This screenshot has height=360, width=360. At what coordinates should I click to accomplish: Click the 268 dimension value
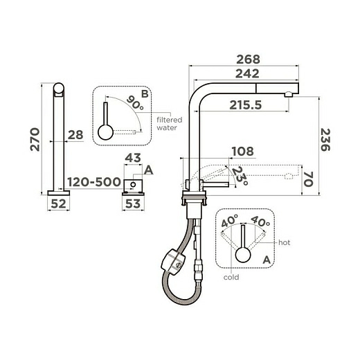coord(248,60)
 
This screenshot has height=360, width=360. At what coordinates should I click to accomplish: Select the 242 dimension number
coord(247,73)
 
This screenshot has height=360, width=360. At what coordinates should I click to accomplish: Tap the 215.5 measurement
coord(246,105)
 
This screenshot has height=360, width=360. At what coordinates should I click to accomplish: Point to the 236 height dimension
coord(325,140)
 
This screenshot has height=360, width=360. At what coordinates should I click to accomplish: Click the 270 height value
coord(35,139)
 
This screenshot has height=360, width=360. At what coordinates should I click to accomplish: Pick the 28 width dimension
coord(75,135)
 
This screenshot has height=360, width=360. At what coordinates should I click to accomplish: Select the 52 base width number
coord(58,204)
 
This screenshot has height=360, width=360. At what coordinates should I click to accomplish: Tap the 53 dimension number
coord(133,204)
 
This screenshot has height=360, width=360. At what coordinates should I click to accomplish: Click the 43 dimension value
coord(133,158)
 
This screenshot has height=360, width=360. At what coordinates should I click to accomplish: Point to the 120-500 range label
coord(94,182)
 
